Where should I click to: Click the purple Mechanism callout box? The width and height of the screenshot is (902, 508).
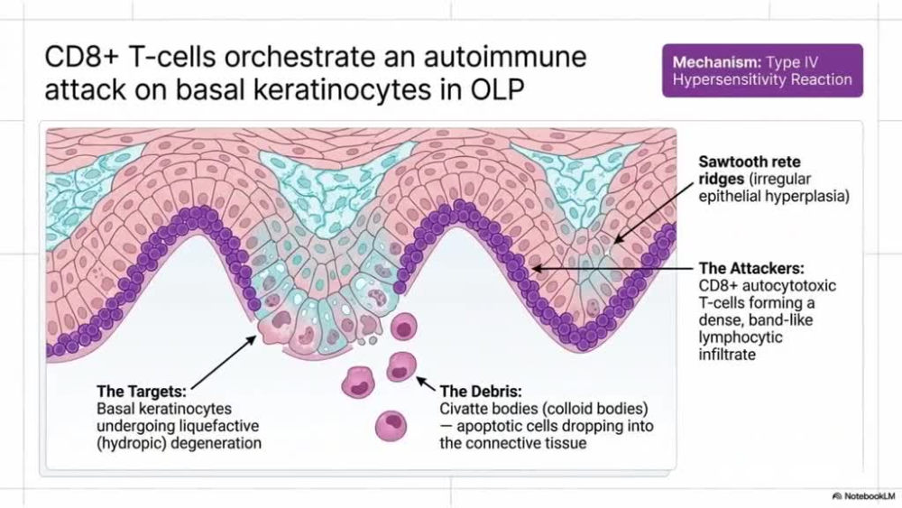click(x=762, y=70)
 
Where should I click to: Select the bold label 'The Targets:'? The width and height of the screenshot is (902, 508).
click(x=142, y=392)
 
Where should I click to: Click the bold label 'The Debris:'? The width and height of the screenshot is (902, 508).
click(x=481, y=392)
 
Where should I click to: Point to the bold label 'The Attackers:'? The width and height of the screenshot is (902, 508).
click(x=751, y=268)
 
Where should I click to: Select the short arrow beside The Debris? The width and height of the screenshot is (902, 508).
click(x=426, y=383)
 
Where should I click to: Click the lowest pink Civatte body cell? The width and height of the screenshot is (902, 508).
click(x=391, y=426)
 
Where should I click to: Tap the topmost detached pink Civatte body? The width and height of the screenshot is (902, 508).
click(x=404, y=328)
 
